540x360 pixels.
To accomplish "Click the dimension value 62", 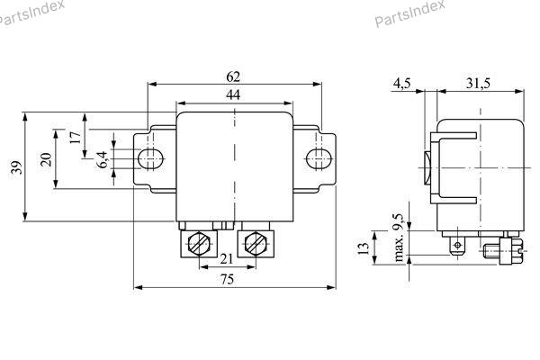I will tap(233, 76).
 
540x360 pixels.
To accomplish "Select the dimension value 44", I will tap(233, 94).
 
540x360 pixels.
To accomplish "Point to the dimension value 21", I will tap(228, 259).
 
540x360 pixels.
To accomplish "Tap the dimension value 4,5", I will tap(401, 84).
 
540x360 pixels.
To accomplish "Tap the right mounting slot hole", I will tap(317, 159).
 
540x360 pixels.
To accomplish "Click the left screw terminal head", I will tap(202, 243).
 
